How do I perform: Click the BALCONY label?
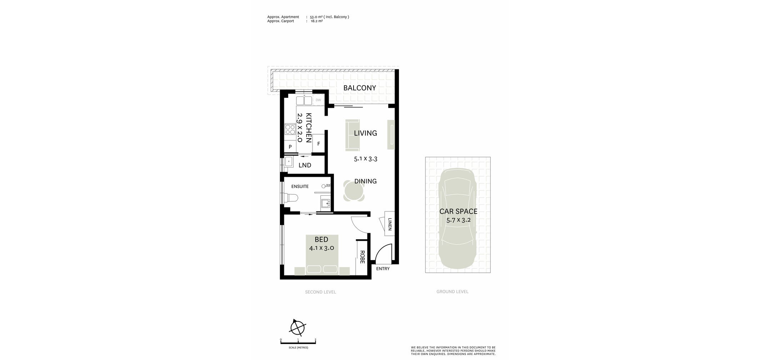360,88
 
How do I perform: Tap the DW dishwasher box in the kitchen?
318,100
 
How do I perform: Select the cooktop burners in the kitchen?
290,129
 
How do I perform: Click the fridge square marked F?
319,144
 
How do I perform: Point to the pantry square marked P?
290,146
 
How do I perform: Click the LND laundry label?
305,165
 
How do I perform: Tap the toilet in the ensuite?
290,197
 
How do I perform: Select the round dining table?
354,190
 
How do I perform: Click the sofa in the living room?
353,135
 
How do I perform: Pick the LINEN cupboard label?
390,224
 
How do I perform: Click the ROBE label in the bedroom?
362,257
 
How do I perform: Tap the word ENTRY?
383,269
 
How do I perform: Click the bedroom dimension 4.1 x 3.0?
321,248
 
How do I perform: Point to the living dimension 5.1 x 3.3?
366,159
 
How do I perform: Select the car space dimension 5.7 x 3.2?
459,220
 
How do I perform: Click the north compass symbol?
297,327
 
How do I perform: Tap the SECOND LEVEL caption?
320,292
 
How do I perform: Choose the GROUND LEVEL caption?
452,292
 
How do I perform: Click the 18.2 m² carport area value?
317,21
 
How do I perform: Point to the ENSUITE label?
300,186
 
